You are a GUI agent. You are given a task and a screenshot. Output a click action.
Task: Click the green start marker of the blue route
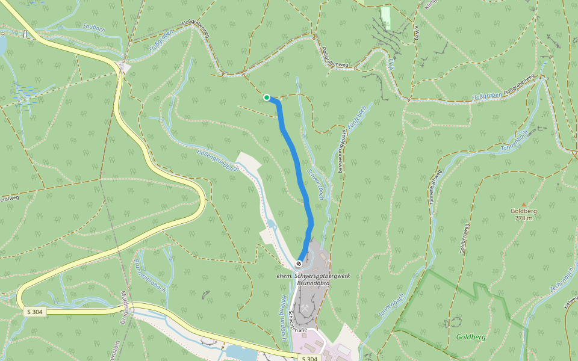click(x=267, y=97)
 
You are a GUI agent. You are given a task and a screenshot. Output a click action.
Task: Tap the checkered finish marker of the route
click(x=299, y=264)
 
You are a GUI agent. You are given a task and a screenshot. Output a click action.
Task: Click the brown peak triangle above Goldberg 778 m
click(x=523, y=205)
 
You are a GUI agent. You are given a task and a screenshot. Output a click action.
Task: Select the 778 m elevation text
click(x=523, y=218)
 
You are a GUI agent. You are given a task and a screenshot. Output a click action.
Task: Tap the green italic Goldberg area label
click(x=471, y=338)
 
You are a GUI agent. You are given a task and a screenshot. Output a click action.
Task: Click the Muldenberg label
click(x=125, y=307)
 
